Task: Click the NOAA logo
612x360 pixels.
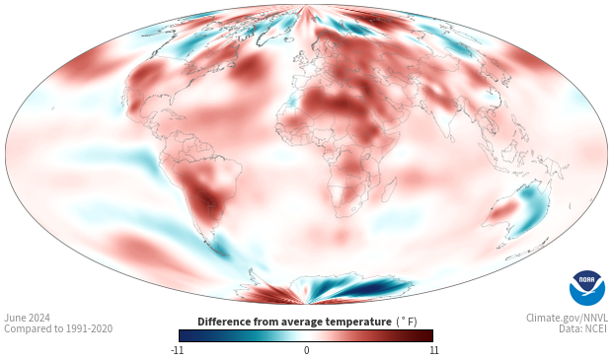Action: click(x=586, y=287)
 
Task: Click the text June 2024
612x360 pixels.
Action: click(x=28, y=318)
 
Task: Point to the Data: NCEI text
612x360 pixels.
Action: click(x=581, y=329)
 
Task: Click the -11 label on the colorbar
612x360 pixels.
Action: click(x=178, y=349)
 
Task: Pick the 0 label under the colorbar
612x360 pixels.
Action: click(x=306, y=349)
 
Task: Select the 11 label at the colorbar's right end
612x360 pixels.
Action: click(x=432, y=349)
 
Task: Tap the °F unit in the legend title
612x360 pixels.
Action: click(x=407, y=322)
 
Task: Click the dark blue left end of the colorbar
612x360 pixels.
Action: click(x=184, y=335)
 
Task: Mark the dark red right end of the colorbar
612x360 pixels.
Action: click(x=428, y=335)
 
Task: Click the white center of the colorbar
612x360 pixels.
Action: click(x=306, y=335)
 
